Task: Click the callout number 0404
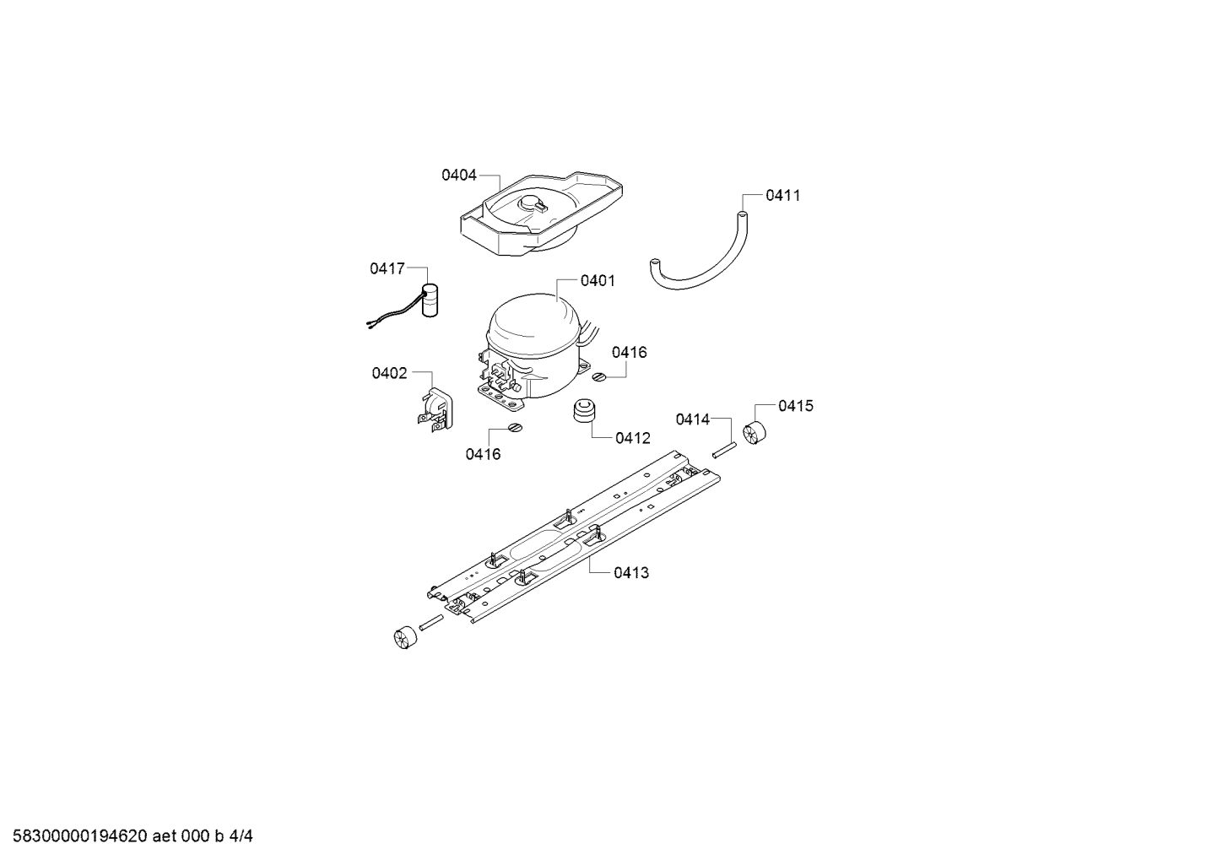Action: click(458, 175)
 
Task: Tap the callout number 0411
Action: click(783, 196)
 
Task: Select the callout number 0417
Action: click(387, 268)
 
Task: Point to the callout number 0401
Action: click(598, 281)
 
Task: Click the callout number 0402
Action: click(390, 373)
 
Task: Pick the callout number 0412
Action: click(633, 438)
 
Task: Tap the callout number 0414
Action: click(693, 419)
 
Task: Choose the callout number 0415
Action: click(796, 406)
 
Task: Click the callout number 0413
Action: click(631, 572)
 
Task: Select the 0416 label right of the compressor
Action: click(629, 353)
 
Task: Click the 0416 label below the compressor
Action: click(483, 454)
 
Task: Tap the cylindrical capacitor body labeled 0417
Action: click(430, 300)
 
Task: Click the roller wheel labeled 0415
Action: click(755, 432)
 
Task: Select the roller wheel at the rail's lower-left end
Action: click(405, 637)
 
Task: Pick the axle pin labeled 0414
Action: click(724, 451)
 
